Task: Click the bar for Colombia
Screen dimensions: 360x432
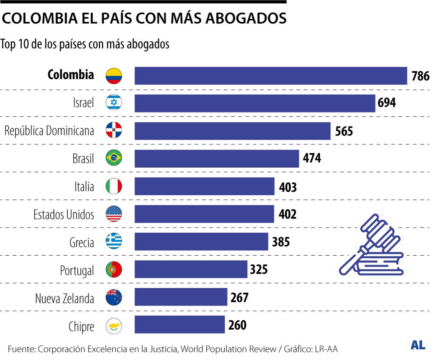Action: point(270,76)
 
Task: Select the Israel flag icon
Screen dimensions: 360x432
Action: point(114,103)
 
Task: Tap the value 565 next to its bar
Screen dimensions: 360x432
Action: point(344,131)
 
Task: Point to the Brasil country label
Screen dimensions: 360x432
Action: point(83,159)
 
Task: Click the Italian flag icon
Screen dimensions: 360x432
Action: point(114,186)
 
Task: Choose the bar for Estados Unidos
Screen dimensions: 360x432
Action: point(204,214)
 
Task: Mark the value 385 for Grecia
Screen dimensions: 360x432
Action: point(281,242)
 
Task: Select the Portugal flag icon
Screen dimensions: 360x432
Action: point(114,270)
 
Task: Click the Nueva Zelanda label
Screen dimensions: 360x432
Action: point(64,298)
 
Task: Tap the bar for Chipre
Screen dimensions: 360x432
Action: point(180,324)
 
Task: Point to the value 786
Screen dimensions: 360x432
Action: point(420,76)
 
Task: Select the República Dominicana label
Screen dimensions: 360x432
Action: point(49,131)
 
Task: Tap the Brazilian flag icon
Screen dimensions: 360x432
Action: point(114,158)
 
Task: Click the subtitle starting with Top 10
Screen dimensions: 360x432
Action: point(85,44)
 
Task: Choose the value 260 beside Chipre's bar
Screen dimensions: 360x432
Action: point(237,325)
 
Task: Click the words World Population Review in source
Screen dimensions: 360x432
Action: point(228,349)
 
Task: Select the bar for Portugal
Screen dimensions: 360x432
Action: point(191,269)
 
